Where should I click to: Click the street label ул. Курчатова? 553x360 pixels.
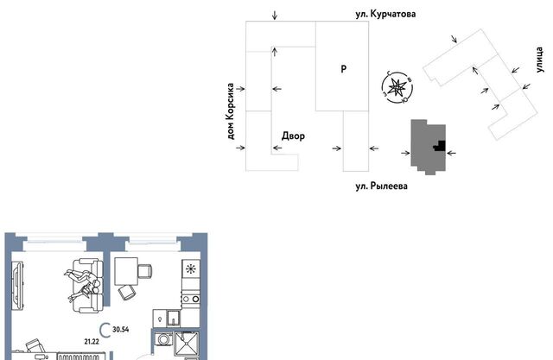click(x=385, y=14)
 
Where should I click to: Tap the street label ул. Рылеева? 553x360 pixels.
click(x=382, y=186)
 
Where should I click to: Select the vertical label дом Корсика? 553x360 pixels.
click(x=231, y=111)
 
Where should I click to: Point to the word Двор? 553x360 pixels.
click(x=293, y=136)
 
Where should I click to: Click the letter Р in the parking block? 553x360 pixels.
click(x=344, y=69)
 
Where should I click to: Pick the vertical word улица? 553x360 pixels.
click(x=539, y=60)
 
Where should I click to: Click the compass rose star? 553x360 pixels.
click(x=397, y=87)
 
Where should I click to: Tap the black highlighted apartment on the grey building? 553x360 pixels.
click(x=440, y=146)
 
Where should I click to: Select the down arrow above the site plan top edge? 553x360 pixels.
click(x=275, y=16)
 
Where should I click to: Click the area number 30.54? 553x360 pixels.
click(x=121, y=330)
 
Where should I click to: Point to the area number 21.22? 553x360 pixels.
click(x=92, y=341)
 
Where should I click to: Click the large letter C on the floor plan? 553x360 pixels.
click(x=105, y=331)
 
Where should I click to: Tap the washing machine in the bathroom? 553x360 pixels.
click(x=164, y=339)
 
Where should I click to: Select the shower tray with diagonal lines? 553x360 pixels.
click(x=187, y=344)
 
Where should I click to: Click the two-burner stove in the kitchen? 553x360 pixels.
click(x=190, y=300)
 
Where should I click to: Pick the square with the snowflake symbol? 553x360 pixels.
click(x=191, y=269)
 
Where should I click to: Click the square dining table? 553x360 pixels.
click(x=126, y=270)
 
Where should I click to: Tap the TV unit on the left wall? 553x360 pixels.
click(x=17, y=285)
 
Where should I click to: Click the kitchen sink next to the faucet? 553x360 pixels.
click(x=173, y=318)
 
